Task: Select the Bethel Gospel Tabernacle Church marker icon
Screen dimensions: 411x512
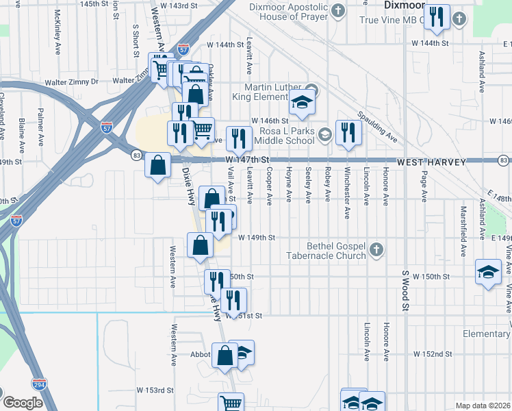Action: pos(376,250)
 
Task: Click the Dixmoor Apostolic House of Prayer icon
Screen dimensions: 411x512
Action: pos(339,10)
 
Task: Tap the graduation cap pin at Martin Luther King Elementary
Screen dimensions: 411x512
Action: pos(302,101)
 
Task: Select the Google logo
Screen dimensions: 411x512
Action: pos(22,403)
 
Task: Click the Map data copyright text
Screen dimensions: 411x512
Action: pos(483,406)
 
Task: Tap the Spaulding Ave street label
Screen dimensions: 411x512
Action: pos(376,127)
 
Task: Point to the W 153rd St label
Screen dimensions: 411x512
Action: pos(155,390)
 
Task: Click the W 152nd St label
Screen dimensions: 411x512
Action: pos(433,353)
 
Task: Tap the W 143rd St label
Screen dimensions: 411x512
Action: pos(188,5)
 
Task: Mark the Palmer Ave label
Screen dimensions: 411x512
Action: pos(41,120)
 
